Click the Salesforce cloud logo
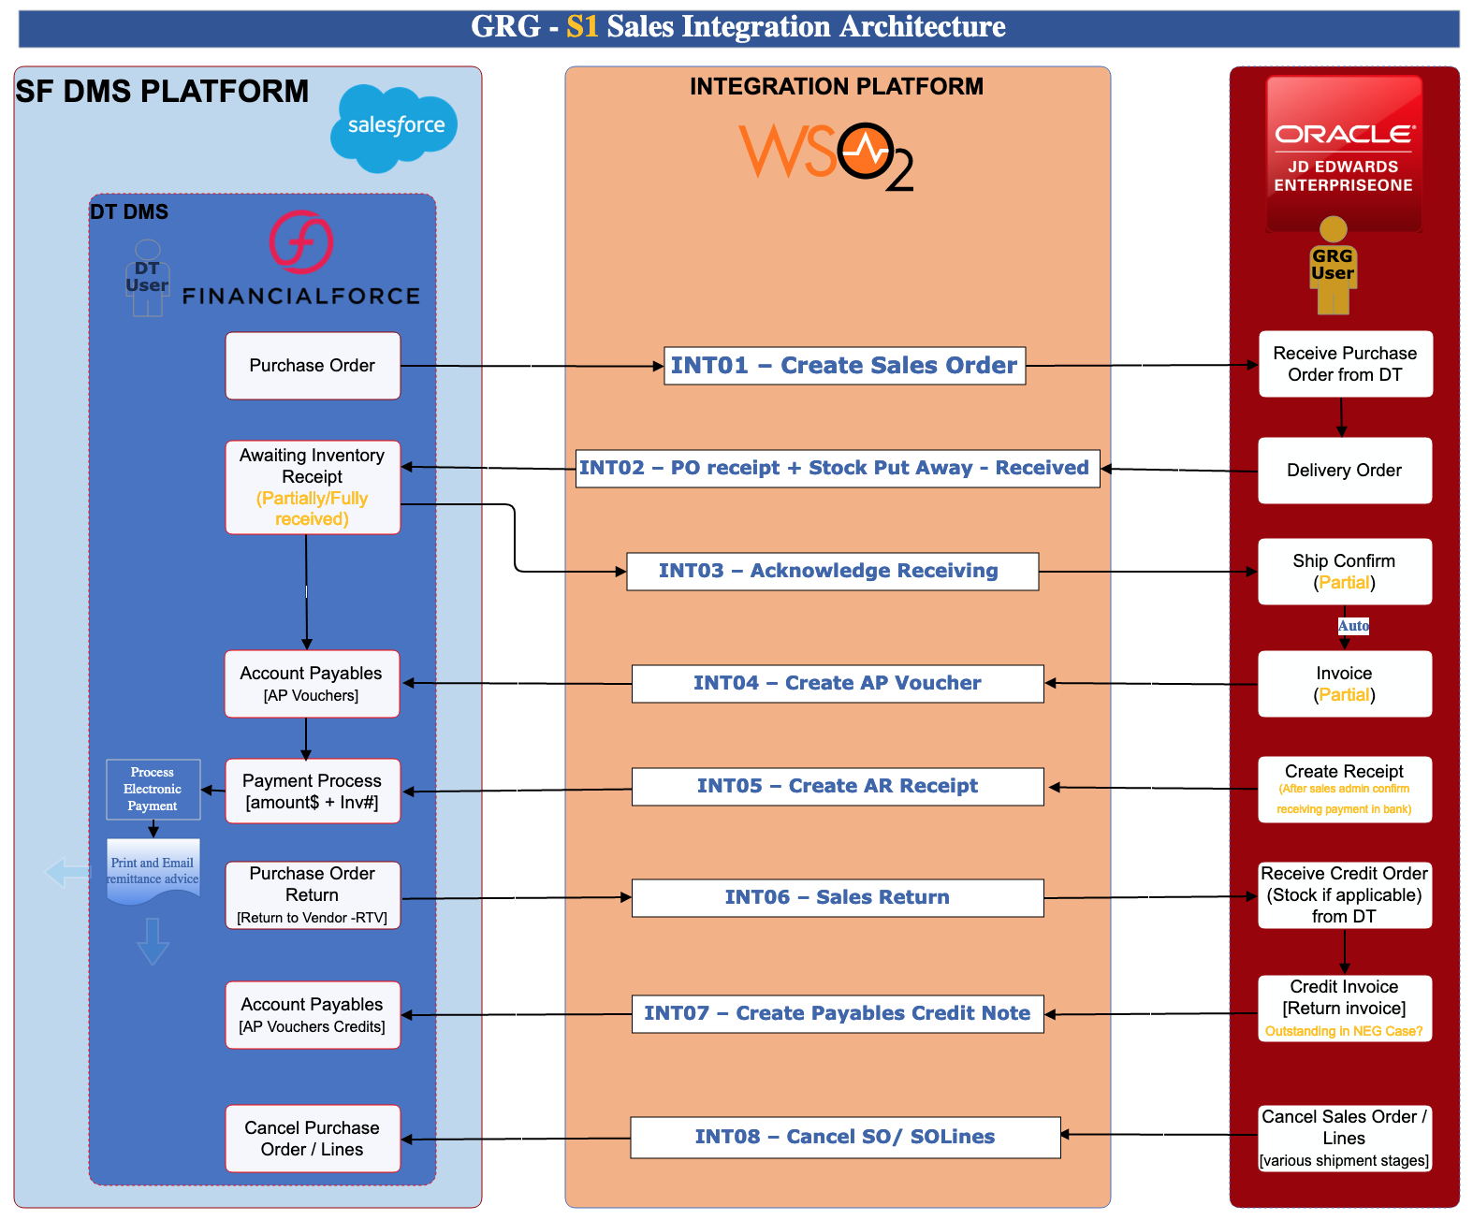point(394,127)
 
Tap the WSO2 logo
point(826,156)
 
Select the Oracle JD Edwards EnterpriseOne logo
point(1343,153)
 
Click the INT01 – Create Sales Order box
point(844,365)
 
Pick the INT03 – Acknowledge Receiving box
point(832,571)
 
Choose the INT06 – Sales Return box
point(837,897)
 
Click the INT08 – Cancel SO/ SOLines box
point(844,1137)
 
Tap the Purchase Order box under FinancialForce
point(313,365)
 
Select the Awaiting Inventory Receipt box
point(313,487)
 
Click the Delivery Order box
point(1344,471)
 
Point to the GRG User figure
point(1332,265)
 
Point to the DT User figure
point(147,278)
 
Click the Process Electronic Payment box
point(153,789)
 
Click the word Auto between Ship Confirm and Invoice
point(1352,626)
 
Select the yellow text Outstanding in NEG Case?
point(1343,1031)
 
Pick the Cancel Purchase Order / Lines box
point(313,1139)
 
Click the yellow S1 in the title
point(582,27)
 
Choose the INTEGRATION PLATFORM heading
point(836,86)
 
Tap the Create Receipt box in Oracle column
point(1344,789)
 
